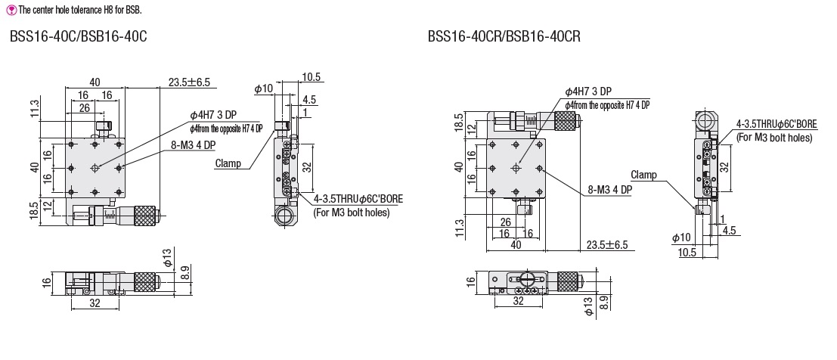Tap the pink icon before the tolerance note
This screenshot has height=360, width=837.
(x=10, y=11)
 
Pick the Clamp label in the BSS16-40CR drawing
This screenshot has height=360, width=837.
(x=643, y=175)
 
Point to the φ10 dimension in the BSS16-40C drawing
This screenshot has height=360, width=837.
(x=263, y=89)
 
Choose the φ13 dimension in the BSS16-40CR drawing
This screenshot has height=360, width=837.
(x=588, y=305)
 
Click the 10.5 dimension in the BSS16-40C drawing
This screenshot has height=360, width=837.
(x=312, y=76)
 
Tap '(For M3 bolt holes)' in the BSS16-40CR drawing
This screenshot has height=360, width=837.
(x=774, y=138)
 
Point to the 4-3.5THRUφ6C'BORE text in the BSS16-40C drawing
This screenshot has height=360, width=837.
(x=358, y=199)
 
